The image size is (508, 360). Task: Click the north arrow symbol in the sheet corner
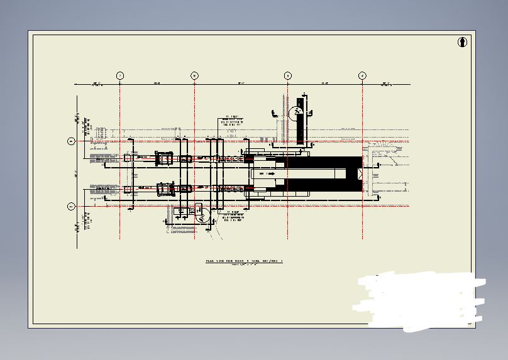(x=463, y=43)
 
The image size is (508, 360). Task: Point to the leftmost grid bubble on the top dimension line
(x=120, y=76)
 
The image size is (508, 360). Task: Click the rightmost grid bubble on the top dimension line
(x=363, y=76)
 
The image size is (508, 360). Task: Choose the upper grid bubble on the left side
(x=71, y=141)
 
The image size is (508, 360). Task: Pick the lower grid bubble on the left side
(x=71, y=206)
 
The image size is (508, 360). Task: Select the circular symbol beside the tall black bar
(x=294, y=113)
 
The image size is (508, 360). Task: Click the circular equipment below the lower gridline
(x=202, y=217)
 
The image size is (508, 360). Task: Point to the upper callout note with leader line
(x=231, y=121)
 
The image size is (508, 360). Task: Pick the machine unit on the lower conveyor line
(x=166, y=188)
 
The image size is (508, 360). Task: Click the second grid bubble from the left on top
(x=195, y=76)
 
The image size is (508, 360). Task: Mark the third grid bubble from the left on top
(x=288, y=76)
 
